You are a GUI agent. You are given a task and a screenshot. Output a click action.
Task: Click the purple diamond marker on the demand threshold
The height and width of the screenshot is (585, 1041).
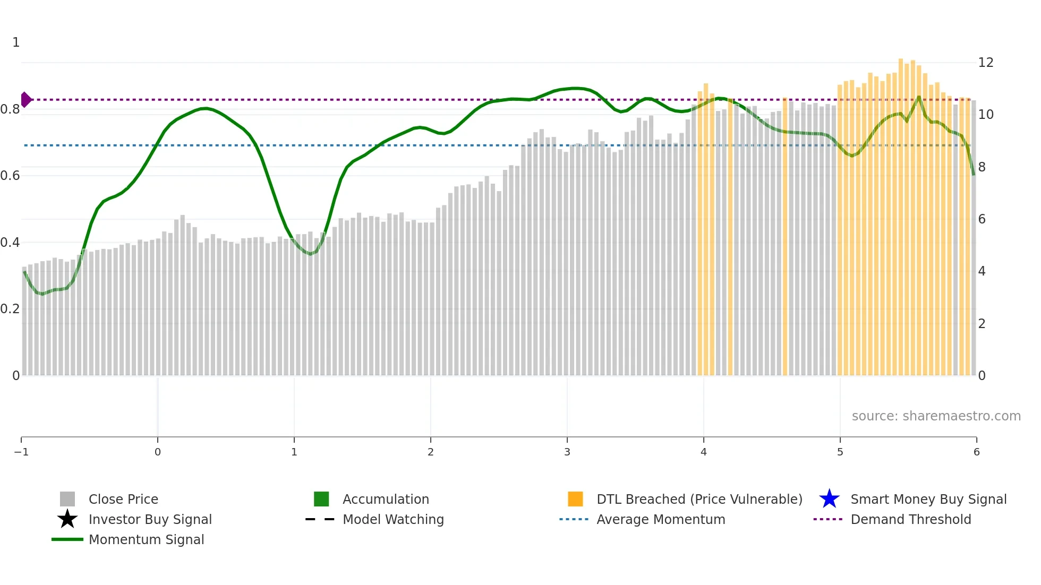(26, 99)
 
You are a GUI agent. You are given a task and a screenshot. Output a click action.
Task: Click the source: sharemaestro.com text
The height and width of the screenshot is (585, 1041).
(936, 416)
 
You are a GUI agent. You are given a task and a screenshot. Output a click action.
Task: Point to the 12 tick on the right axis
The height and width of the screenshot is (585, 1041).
(986, 63)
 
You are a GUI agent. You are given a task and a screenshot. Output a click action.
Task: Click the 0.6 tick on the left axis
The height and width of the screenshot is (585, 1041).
(10, 176)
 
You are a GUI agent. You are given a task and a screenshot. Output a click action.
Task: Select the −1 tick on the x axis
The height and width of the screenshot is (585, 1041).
(21, 452)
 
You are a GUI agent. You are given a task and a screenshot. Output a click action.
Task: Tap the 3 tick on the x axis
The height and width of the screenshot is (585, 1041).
(567, 452)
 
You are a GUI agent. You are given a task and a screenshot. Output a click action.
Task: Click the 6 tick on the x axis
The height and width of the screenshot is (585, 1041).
(976, 452)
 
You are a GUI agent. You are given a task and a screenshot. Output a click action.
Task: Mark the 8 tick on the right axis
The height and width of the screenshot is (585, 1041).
(982, 167)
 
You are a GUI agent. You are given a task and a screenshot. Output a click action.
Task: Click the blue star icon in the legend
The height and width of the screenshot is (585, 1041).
(829, 499)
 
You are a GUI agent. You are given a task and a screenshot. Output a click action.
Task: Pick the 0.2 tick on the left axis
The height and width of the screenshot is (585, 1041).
(10, 309)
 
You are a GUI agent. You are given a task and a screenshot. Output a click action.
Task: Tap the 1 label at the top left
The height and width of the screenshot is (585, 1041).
(16, 42)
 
